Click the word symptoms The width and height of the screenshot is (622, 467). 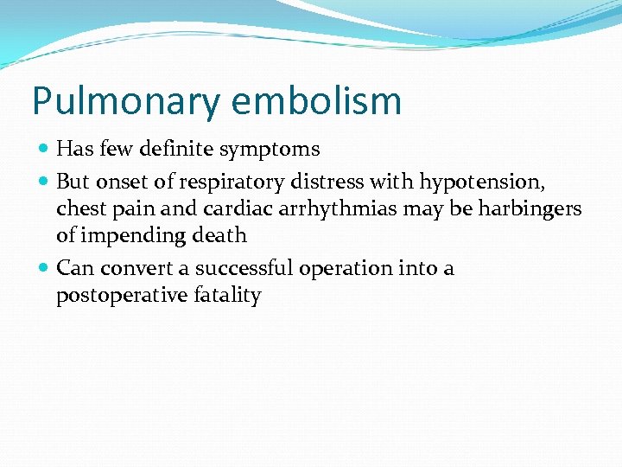coord(270,150)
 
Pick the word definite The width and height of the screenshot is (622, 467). coord(177,149)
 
